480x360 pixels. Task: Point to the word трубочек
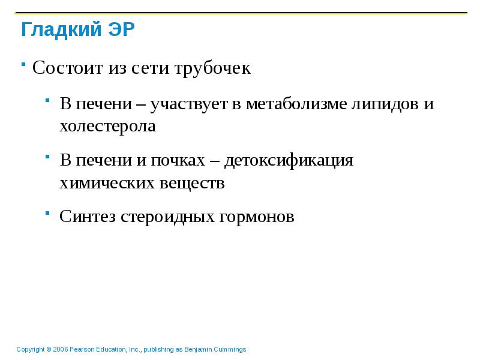(x=212, y=68)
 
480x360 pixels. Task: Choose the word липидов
(x=388, y=104)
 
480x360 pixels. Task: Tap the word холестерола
(x=107, y=126)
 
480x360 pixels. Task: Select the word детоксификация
(x=289, y=161)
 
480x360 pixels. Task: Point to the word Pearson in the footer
(x=82, y=349)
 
